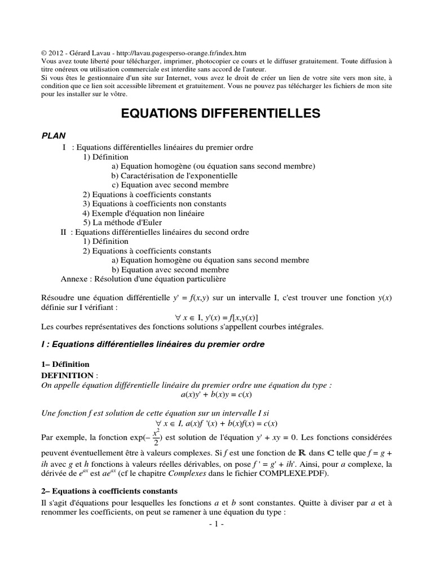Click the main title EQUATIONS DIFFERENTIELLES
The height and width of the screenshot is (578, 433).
click(x=220, y=113)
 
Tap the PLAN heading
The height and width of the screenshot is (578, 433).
click(x=54, y=135)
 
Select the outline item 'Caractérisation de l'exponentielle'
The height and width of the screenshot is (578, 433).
click(x=174, y=176)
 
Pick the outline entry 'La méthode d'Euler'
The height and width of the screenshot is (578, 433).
click(x=118, y=222)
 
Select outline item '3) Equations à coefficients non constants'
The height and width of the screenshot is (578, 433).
click(x=154, y=204)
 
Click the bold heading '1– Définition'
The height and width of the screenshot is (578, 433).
click(x=65, y=365)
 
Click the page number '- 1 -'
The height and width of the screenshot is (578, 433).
click(x=216, y=524)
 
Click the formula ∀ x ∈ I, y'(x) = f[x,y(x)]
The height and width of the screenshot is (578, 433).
click(x=216, y=317)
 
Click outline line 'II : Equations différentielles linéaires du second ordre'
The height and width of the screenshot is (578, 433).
click(x=154, y=232)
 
